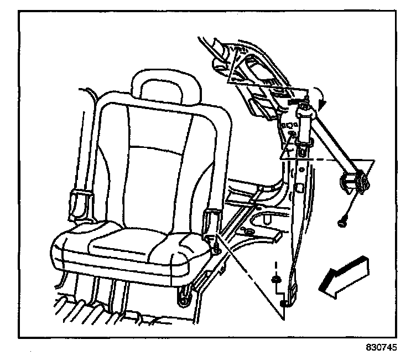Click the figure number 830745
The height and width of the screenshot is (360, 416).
[x=381, y=349]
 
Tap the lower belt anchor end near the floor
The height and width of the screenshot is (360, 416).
[x=285, y=302]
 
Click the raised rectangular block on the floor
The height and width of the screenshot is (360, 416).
[x=275, y=234]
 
